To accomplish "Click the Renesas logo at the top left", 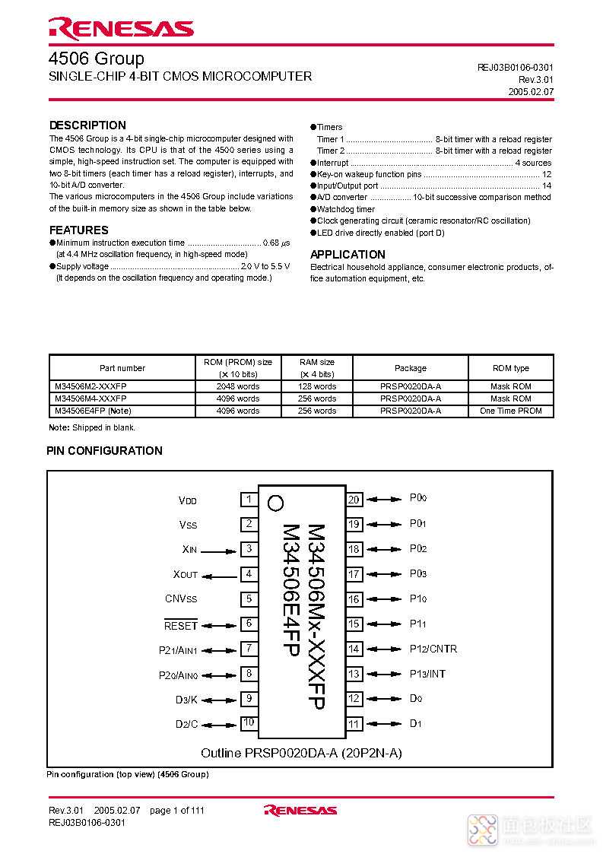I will pos(121,28).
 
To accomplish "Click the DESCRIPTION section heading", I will pos(87,125).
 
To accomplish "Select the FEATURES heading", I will pos(78,230).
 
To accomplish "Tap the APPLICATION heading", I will pos(348,254).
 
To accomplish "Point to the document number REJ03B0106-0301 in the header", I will pos(515,67).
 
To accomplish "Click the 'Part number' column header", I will pos(122,368).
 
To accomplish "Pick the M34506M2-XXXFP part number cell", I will pos(90,386).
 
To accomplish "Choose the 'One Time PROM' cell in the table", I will pos(510,411).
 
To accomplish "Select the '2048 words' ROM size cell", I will pos(238,386).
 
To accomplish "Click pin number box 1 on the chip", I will pos(249,500).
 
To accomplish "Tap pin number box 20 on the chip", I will pos(354,500).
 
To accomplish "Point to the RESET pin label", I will pos(180,626).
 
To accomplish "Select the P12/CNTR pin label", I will pos(433,649).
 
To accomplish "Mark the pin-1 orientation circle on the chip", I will pos(276,503).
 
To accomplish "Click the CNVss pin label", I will pos(180,599).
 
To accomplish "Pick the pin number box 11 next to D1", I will pos(354,724).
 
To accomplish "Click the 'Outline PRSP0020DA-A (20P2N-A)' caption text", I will pos(301,753).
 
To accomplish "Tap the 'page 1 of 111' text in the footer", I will pos(176,811).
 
